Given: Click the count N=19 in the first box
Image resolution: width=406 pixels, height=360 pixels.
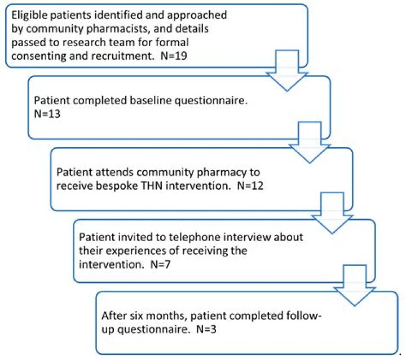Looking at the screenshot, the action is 174,56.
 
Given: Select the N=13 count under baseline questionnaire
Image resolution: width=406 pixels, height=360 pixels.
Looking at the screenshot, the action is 47,114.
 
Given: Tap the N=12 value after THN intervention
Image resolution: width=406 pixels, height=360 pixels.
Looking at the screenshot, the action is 250,186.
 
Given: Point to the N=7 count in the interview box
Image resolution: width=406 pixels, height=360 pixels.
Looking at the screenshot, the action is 161,264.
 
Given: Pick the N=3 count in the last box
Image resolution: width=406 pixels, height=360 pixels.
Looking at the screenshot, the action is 206,329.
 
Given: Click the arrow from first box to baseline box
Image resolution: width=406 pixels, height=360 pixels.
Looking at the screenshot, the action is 287,70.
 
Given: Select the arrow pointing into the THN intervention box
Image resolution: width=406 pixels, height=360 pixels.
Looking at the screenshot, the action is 310,143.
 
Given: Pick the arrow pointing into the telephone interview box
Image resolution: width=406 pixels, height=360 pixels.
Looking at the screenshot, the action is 332,213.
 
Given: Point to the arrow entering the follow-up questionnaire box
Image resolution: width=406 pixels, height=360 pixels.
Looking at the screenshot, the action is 355,286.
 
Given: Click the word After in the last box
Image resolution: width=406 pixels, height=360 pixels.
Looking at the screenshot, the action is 113,316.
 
